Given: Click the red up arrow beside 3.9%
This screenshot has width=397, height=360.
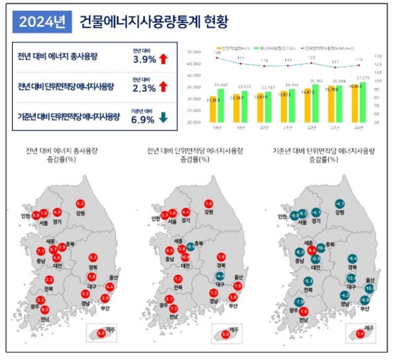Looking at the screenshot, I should pos(163,60).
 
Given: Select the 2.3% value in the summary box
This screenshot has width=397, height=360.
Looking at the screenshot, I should pos(144,88).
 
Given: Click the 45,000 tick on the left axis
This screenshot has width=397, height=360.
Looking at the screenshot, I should pos(195,64).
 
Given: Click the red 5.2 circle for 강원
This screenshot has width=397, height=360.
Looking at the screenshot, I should pos(81,203).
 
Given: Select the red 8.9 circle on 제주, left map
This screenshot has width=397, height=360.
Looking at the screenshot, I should pos(101,334).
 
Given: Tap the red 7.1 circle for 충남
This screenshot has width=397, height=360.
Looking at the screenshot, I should pos(40,251).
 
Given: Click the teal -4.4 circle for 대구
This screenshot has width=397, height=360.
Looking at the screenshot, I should pos(220,275).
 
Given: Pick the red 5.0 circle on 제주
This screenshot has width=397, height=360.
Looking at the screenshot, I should pos(226,335).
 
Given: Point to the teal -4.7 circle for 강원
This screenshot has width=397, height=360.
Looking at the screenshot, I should pos(340,203).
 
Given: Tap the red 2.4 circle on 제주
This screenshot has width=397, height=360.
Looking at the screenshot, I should pos(361,335).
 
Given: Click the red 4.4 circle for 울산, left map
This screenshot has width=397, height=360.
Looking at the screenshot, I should pos(110,287).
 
